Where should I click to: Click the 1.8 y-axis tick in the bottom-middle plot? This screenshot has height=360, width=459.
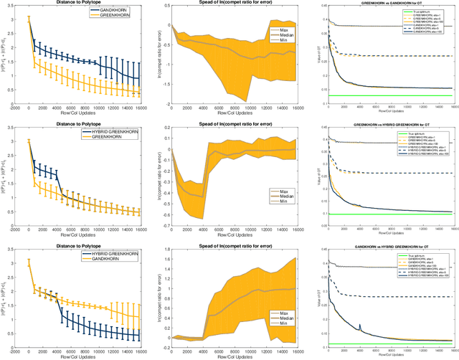pyautogui.click(x=166, y=245)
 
